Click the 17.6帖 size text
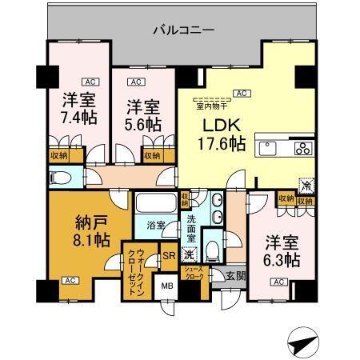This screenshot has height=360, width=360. [x=222, y=144]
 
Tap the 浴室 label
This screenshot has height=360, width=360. [x=156, y=226]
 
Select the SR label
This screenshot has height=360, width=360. [x=169, y=256]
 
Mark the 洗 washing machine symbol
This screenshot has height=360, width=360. [x=189, y=254]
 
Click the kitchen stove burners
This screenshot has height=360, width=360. [x=304, y=147]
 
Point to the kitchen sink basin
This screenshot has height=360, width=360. [x=267, y=147]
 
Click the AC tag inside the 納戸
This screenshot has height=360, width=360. [x=70, y=281]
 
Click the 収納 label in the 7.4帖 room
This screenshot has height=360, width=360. [x=58, y=155]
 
